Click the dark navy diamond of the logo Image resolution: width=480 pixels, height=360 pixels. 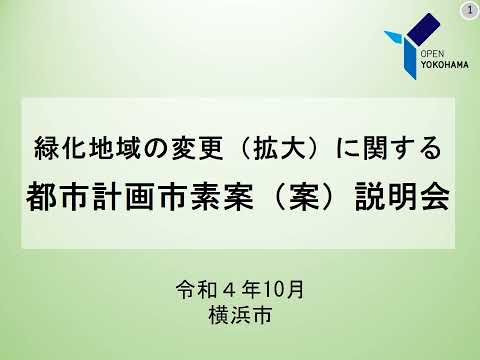(x=423, y=30)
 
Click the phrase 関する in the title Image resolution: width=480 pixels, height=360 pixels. (x=403, y=151)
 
